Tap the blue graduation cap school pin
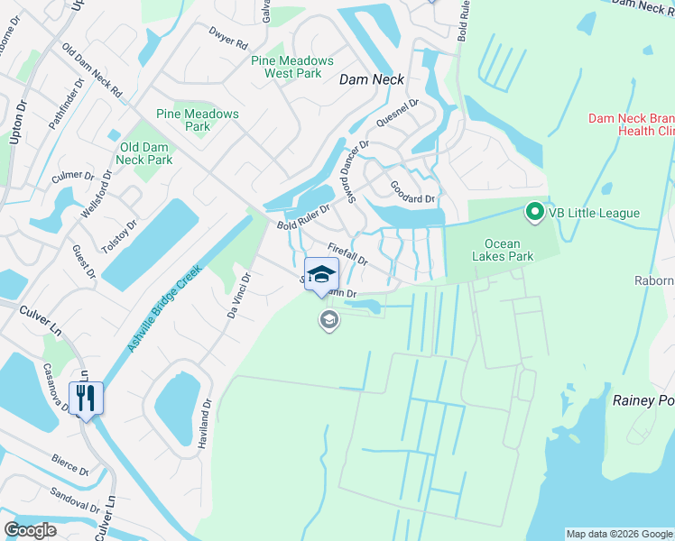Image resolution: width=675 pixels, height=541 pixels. click(321, 274)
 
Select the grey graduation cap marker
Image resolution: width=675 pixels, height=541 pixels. click(328, 319)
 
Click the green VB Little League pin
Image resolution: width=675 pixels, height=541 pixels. click(534, 213)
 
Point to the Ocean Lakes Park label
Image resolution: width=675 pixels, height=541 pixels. click(509, 250)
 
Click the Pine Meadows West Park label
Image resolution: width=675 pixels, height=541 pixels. click(292, 67)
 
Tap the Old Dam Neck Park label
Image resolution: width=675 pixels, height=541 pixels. click(145, 153)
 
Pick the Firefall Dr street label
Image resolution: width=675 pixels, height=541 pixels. click(347, 253)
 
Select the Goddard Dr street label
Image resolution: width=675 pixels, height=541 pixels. click(412, 192)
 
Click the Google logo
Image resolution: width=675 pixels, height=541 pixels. click(30, 530)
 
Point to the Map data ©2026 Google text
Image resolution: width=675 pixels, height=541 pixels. click(619, 534)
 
